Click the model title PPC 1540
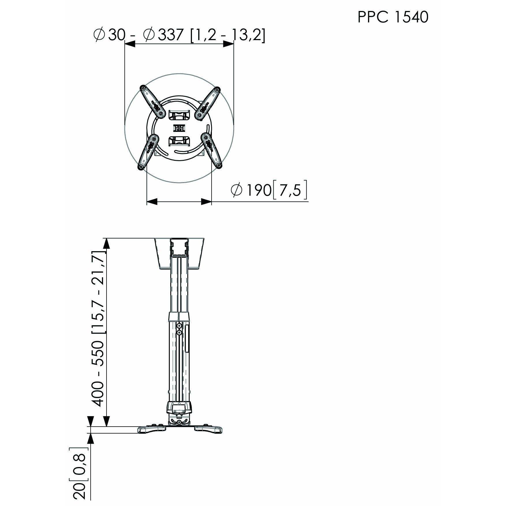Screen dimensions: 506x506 pyautogui.click(x=393, y=17)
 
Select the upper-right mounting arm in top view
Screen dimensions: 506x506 pyautogui.click(x=208, y=103)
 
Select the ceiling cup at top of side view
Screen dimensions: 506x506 pyautogui.click(x=179, y=253)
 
